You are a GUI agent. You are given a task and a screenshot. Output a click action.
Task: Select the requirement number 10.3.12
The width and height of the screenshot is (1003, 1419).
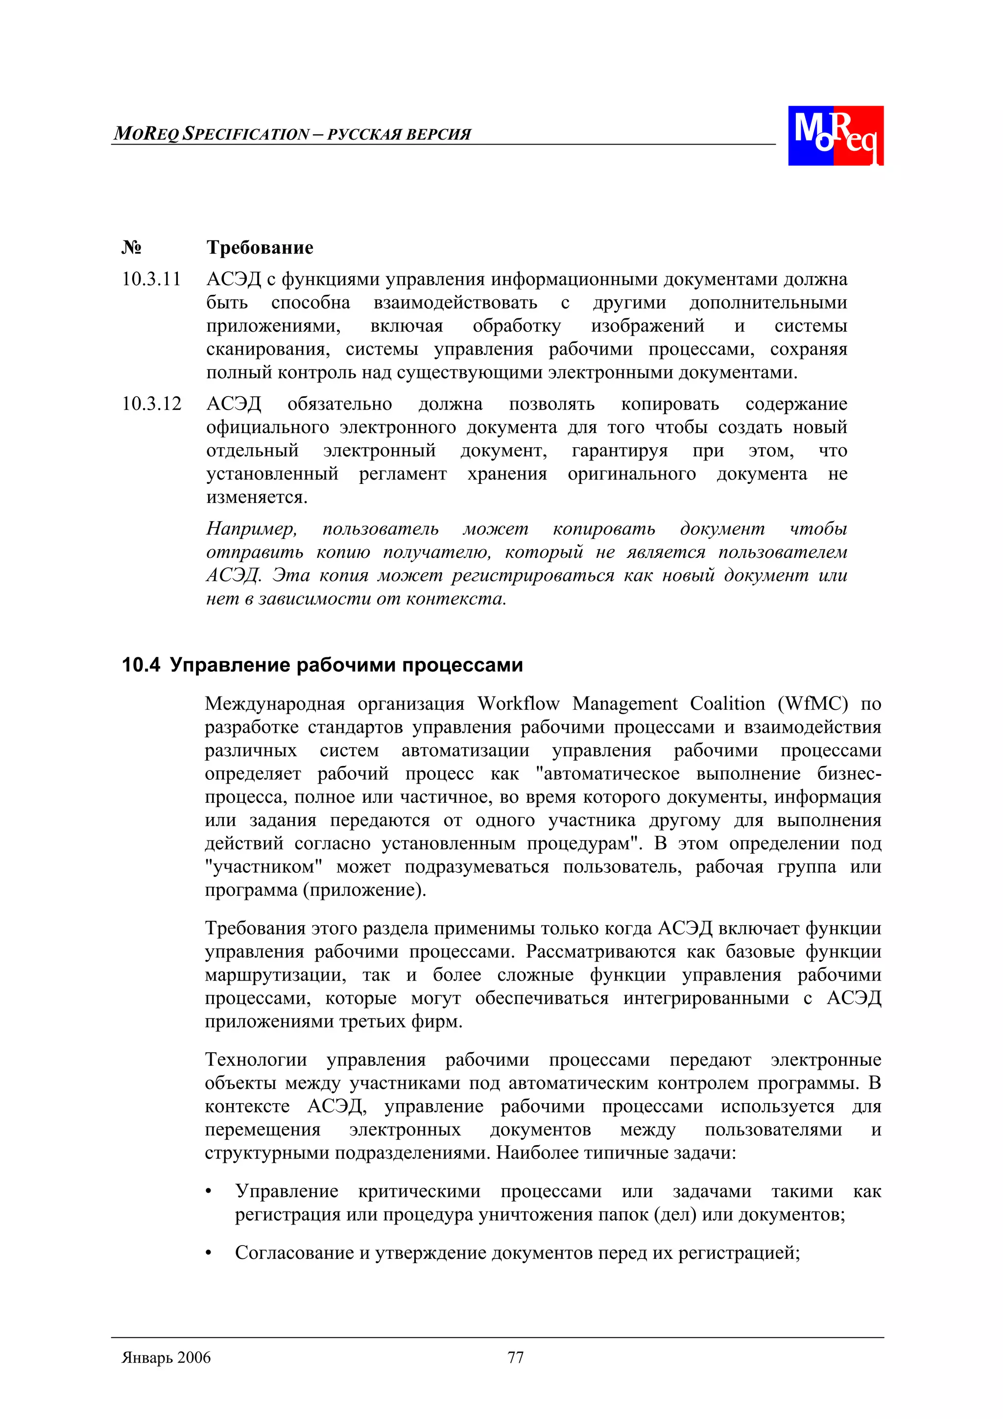pos(151,404)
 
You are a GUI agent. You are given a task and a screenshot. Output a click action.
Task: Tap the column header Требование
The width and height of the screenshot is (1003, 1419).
pos(260,248)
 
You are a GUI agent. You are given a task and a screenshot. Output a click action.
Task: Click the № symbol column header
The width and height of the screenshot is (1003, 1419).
pos(131,248)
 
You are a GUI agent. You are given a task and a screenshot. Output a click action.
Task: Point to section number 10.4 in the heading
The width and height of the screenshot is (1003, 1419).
pos(141,666)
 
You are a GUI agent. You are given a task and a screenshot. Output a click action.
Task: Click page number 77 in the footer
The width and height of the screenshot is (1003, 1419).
pos(515,1358)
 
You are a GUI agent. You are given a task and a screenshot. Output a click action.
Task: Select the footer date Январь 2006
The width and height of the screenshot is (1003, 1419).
pos(166,1358)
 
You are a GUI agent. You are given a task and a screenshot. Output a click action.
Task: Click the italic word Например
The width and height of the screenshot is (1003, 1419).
pos(251,529)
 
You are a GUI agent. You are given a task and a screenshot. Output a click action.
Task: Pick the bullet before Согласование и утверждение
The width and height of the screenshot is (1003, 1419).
pos(209,1254)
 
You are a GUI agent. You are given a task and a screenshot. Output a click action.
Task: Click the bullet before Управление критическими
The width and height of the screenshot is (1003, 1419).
pos(209,1192)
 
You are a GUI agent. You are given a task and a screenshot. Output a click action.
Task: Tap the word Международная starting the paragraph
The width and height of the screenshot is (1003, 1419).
pos(274,704)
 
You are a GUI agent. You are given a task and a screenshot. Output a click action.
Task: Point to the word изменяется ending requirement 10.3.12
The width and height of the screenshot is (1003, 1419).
pos(256,498)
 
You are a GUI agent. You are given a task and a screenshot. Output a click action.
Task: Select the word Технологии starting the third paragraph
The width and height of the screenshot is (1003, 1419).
pos(256,1060)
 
